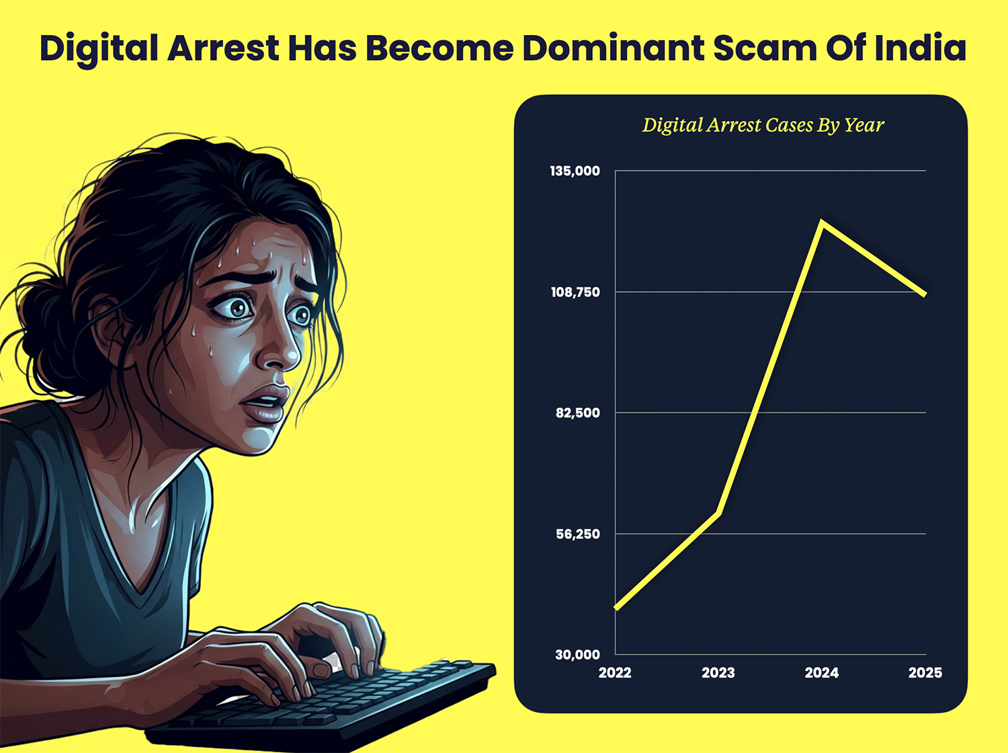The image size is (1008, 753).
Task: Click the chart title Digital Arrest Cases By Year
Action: [763, 125]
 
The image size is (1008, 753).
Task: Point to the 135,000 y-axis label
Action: [575, 171]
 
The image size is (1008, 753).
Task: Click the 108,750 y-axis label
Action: [575, 292]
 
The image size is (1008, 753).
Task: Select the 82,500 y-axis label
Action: [577, 413]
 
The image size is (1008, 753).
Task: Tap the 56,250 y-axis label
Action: [577, 534]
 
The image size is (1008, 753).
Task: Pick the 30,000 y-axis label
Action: [577, 654]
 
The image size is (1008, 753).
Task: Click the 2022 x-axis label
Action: [615, 672]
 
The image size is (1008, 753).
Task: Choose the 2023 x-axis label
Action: [718, 672]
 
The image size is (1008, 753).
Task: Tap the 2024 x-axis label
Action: [821, 672]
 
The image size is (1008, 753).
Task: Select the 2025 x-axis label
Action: [925, 672]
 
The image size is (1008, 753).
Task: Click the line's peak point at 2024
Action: [822, 222]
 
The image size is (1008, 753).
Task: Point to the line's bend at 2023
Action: [719, 513]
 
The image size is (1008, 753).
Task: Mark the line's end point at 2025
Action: [925, 294]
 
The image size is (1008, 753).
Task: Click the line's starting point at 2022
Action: [616, 608]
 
